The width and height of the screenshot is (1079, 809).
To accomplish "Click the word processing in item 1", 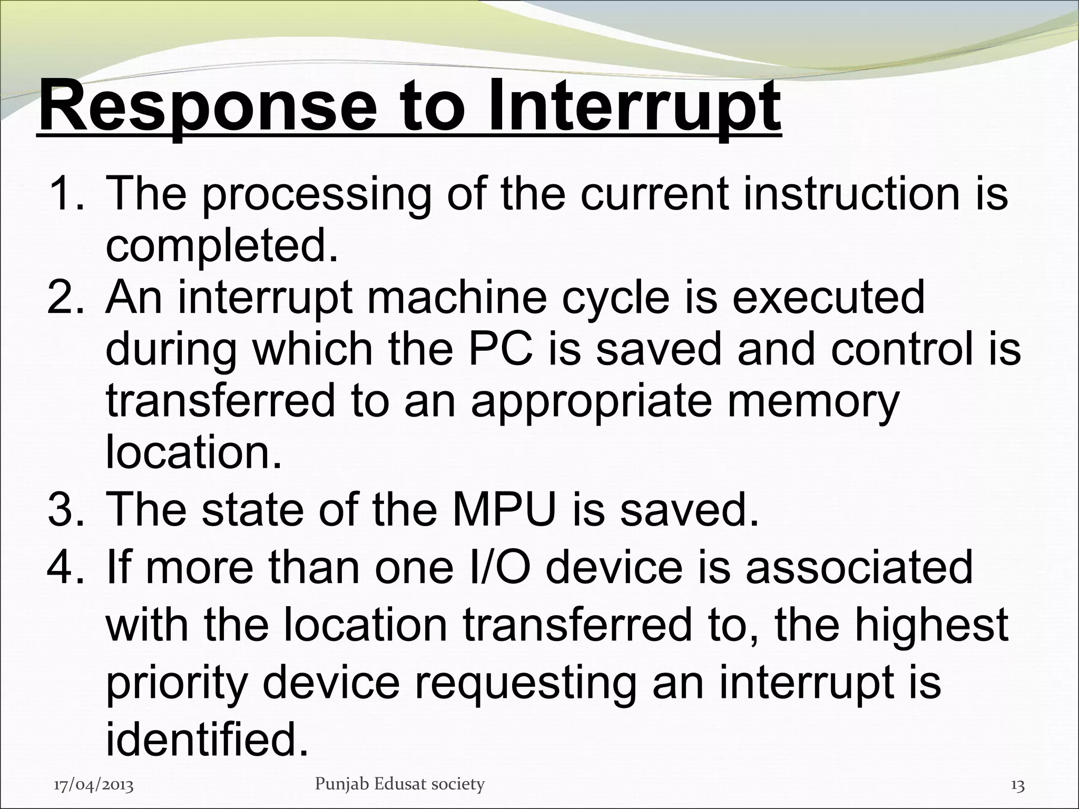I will (x=316, y=195).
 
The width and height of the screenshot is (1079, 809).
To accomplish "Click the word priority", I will (x=176, y=683).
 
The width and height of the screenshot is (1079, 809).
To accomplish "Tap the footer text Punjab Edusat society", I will (x=399, y=785).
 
